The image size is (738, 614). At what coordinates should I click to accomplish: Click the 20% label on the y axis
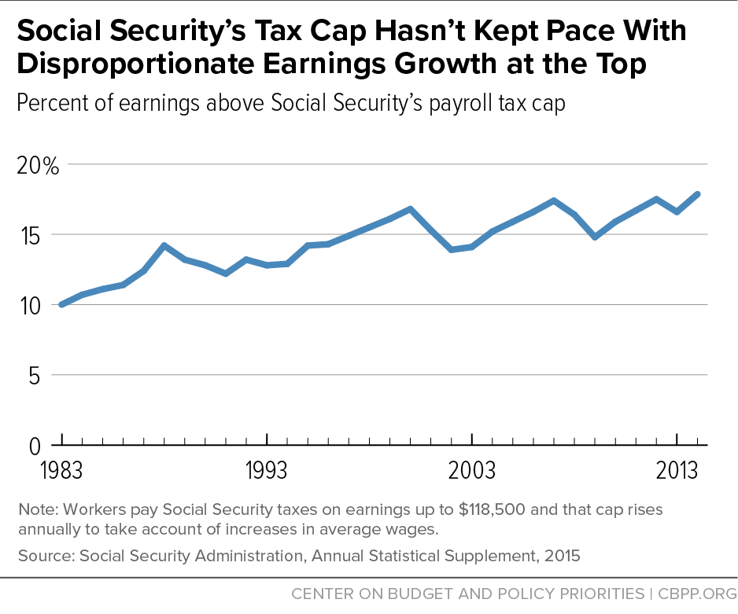(38, 166)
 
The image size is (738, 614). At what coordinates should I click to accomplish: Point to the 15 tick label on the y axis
(30, 236)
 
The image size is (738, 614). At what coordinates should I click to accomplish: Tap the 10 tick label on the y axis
(30, 306)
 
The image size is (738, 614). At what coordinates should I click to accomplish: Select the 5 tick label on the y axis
(35, 376)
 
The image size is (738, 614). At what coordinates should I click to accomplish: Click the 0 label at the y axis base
(35, 446)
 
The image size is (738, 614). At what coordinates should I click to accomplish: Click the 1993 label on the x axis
(267, 471)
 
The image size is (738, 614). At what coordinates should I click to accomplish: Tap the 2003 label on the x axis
(471, 471)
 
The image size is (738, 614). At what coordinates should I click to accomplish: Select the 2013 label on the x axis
(677, 471)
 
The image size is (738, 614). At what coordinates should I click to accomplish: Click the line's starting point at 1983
(62, 304)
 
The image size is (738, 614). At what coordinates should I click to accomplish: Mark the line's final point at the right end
(697, 194)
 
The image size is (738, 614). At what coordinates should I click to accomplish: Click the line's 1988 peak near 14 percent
(164, 245)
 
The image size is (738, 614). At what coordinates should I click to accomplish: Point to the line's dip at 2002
(451, 249)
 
